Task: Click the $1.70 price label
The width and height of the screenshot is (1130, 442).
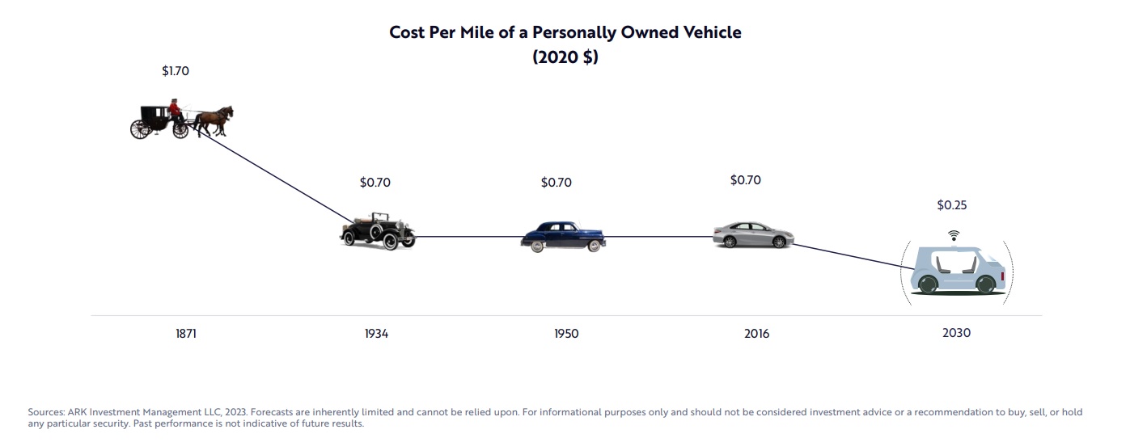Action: point(176,71)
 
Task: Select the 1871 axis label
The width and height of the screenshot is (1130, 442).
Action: point(185,333)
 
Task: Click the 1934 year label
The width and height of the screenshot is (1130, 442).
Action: point(376,334)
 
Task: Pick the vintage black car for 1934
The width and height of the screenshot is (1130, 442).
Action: point(377,231)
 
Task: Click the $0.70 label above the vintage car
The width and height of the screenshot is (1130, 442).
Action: point(375,183)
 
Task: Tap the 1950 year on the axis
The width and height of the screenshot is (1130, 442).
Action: point(566,334)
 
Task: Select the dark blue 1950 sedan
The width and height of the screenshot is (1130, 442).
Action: point(564,236)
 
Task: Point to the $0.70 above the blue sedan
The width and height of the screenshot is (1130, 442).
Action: point(557,183)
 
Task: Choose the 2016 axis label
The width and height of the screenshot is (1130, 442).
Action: point(757,334)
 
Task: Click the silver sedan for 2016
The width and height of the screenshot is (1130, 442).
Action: point(752,234)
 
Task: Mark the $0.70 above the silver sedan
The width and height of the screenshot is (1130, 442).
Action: point(745,180)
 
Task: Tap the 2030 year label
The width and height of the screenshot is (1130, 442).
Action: point(956,333)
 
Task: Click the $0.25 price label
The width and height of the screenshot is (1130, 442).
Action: point(952,205)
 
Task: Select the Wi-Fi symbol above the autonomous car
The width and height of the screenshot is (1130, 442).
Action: point(954,235)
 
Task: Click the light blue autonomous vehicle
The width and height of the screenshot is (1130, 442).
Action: point(957,271)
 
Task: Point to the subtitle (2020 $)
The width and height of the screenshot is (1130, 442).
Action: point(565,57)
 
